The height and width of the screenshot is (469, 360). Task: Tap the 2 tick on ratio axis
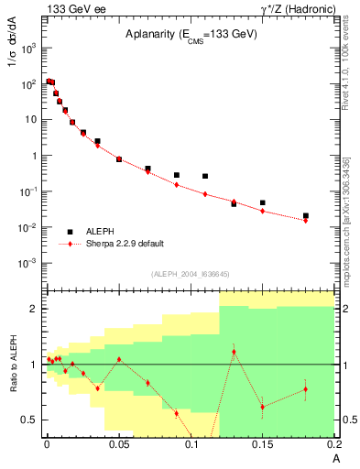34,309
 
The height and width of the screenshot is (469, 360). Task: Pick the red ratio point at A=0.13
234,352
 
